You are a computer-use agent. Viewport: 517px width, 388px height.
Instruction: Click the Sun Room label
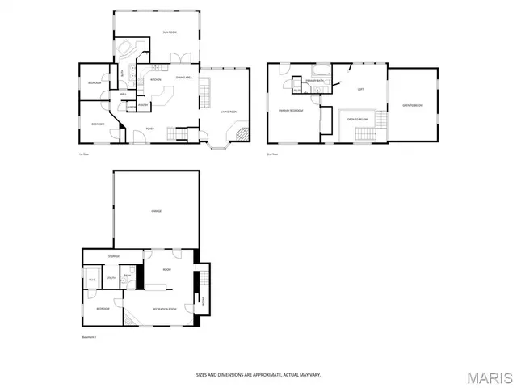170,32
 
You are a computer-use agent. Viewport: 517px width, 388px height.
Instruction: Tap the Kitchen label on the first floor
156,80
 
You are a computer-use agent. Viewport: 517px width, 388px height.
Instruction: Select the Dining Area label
183,77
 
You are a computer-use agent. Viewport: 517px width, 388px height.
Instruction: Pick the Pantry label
143,105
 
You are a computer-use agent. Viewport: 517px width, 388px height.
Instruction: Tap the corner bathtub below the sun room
125,51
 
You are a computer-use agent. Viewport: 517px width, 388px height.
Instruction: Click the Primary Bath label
314,81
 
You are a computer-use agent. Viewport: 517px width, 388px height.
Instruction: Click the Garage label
156,211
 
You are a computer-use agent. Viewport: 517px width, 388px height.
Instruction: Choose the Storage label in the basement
114,256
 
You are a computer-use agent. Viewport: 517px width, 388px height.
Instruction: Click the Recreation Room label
164,309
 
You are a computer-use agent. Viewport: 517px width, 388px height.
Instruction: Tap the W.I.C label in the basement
92,280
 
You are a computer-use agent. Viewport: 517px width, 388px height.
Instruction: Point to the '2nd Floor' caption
272,154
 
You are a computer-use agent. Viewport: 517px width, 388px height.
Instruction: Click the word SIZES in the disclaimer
202,374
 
